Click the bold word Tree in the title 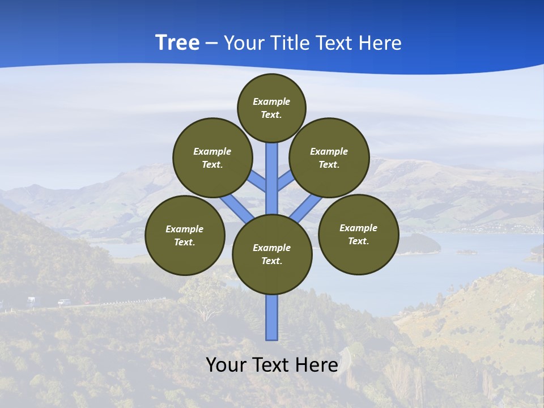177,42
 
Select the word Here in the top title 380,42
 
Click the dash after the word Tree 211,44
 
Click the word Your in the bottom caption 226,364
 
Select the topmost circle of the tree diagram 271,108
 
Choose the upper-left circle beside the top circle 212,158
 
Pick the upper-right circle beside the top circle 329,158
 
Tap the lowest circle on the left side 185,235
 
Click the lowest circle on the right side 358,234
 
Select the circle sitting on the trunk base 272,254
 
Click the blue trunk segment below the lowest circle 272,317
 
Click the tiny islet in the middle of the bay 466,252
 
